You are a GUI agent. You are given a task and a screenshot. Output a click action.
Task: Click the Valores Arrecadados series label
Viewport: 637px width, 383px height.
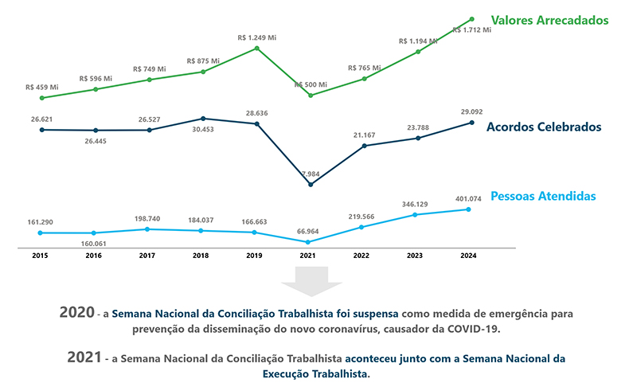(x=549, y=19)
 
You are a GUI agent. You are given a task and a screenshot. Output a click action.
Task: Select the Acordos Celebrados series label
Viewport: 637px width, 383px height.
(x=542, y=127)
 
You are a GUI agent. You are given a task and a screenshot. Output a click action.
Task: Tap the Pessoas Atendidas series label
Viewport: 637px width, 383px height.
(x=543, y=196)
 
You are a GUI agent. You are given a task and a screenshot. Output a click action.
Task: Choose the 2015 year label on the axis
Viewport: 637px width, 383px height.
(x=41, y=256)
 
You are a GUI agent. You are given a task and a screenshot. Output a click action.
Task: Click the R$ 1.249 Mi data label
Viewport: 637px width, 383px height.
(x=257, y=37)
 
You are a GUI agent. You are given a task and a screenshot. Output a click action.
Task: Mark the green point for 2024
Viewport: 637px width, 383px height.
(x=472, y=19)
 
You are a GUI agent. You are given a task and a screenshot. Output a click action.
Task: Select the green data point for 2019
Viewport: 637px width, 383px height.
(x=257, y=48)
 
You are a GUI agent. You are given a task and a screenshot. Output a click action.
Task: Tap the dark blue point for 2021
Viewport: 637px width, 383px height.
(x=311, y=185)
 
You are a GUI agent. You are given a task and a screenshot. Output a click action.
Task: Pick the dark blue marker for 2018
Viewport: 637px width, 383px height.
(x=203, y=119)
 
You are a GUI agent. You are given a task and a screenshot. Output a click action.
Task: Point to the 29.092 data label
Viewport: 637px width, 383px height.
(x=471, y=112)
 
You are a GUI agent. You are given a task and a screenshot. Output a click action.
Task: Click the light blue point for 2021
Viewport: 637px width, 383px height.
(x=309, y=242)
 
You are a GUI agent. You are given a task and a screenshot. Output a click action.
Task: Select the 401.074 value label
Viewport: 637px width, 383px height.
(x=467, y=199)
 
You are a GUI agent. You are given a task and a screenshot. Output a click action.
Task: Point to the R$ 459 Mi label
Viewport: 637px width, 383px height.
(x=42, y=88)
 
